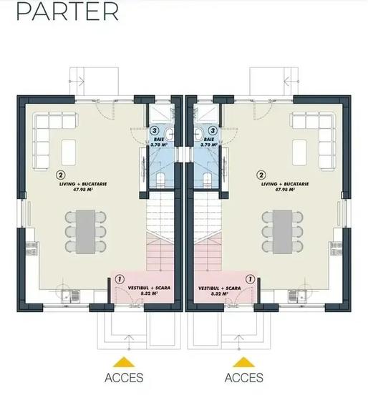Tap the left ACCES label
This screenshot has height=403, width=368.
coord(124,377)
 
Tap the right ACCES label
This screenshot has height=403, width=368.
coord(243,377)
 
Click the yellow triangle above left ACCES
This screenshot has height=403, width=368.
coord(124,361)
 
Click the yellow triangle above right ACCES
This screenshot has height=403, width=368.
coord(243,361)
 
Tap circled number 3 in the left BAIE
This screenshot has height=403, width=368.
coord(155,131)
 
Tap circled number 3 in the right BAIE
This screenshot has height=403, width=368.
coord(213,131)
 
